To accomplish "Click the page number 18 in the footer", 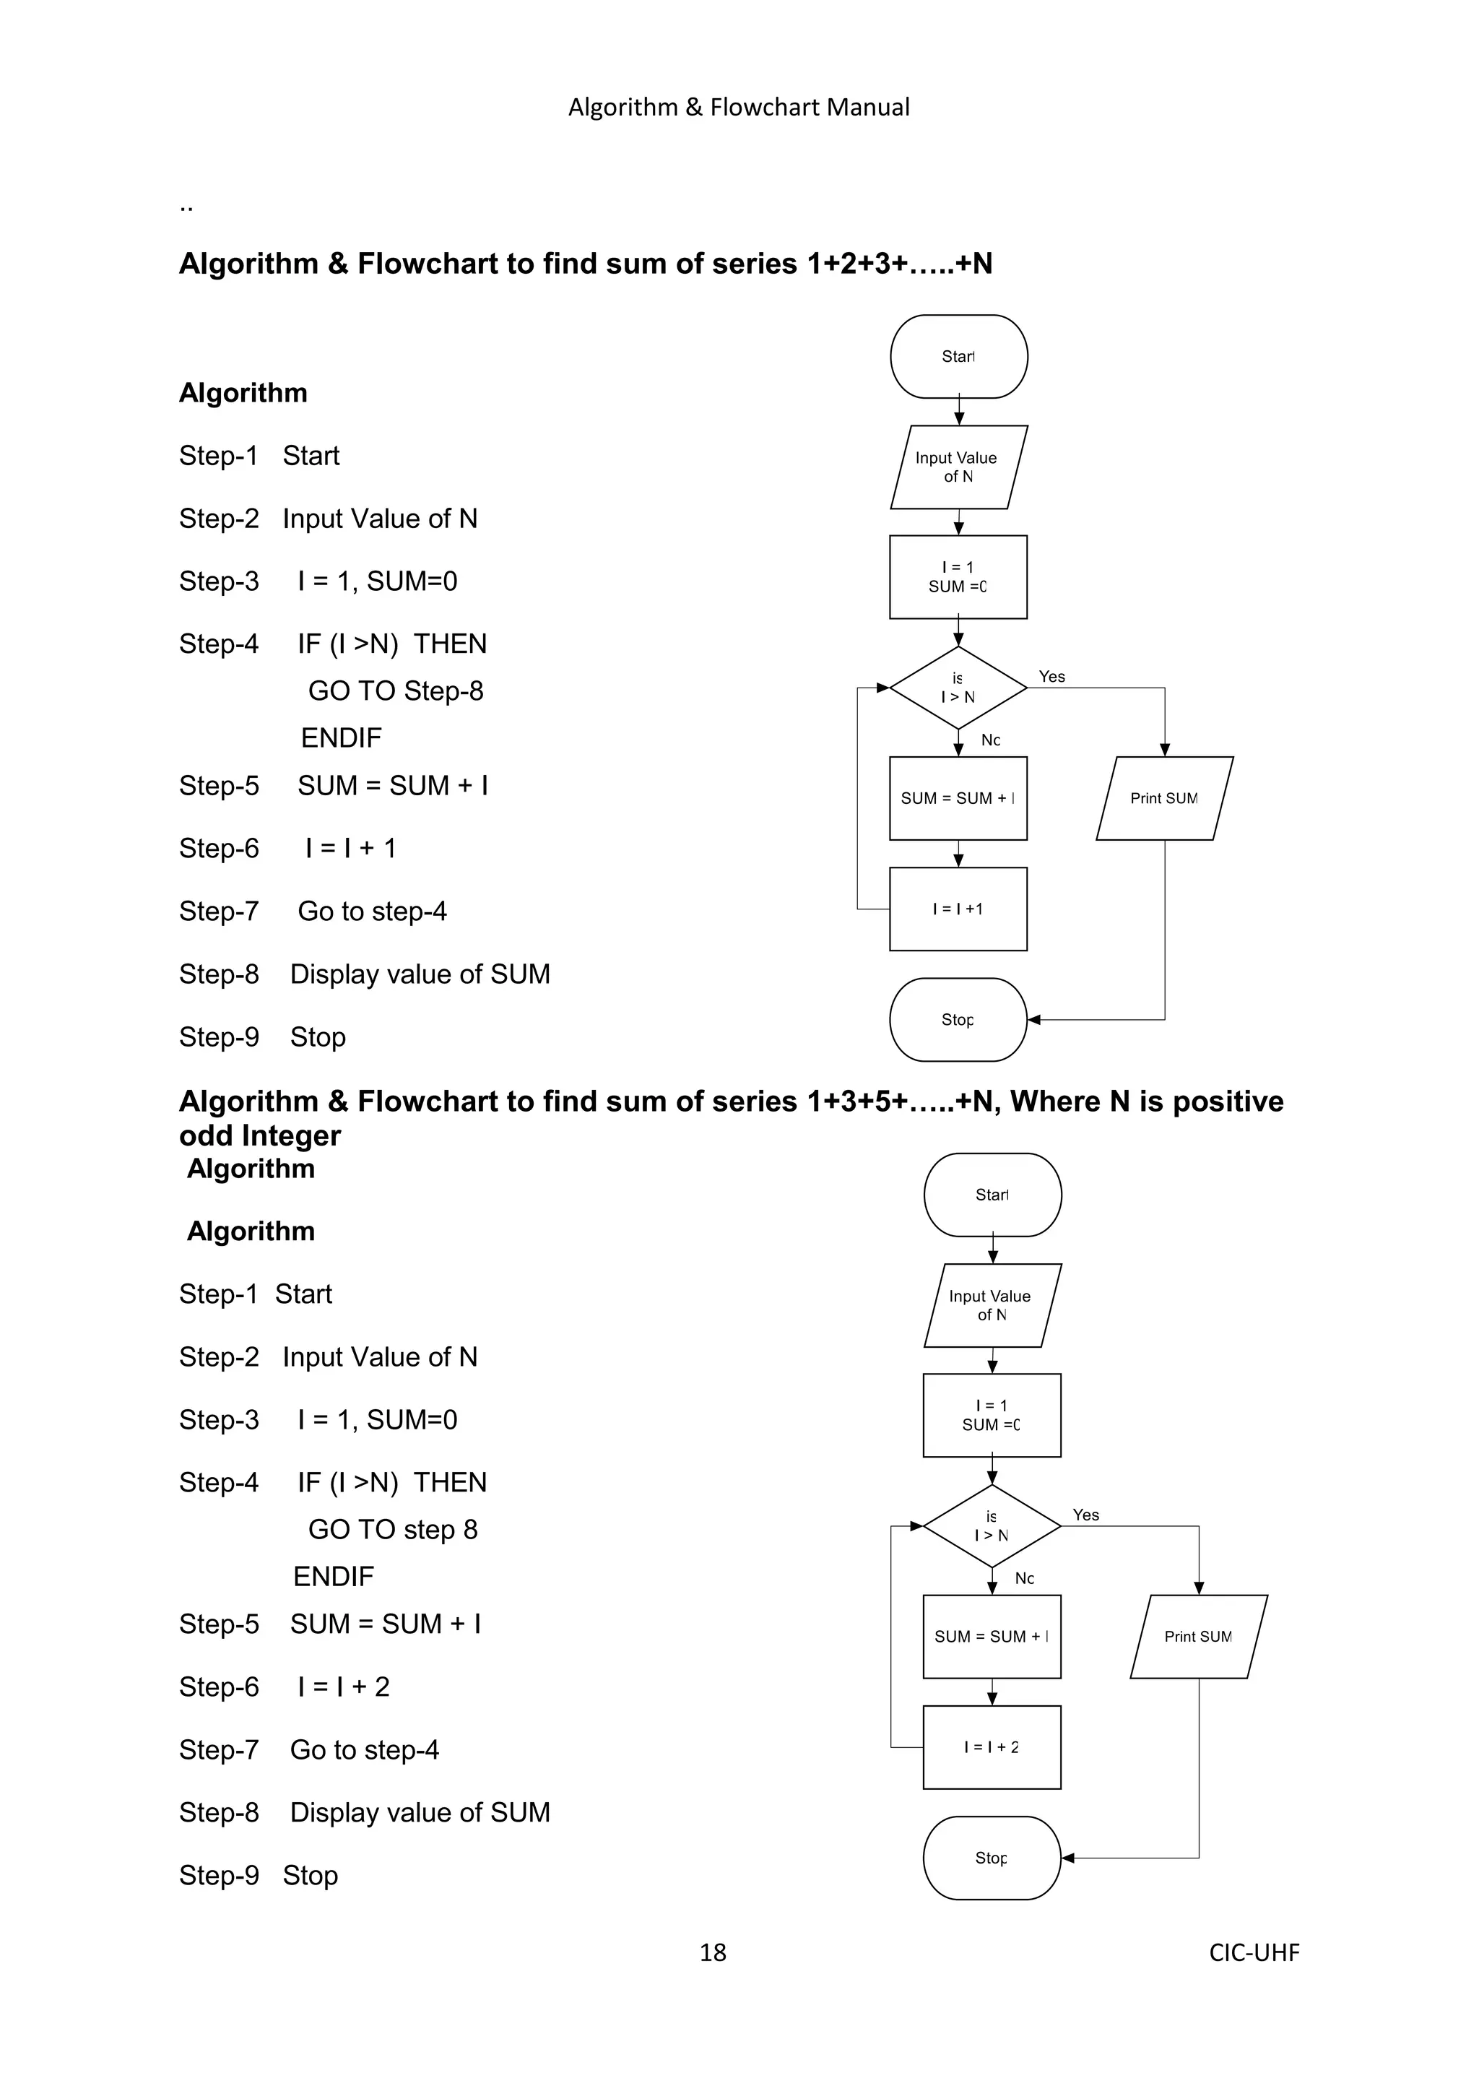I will pyautogui.click(x=712, y=1952).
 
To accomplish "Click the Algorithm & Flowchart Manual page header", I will pyautogui.click(x=739, y=108).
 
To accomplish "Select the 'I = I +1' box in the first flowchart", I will pyautogui.click(x=958, y=909).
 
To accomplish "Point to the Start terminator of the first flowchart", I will pyautogui.click(x=959, y=357).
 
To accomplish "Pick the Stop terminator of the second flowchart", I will pyautogui.click(x=992, y=1858).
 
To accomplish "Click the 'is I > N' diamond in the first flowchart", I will pyautogui.click(x=958, y=688).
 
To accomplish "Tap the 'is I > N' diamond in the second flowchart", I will pyautogui.click(x=992, y=1526).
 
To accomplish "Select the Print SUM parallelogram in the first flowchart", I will pyautogui.click(x=1164, y=799).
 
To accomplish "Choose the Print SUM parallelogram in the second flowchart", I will pyautogui.click(x=1199, y=1637).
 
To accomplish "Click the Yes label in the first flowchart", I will pyautogui.click(x=1052, y=677).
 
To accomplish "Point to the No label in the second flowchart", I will pyautogui.click(x=1025, y=1578).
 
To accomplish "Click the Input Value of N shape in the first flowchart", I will pyautogui.click(x=958, y=467).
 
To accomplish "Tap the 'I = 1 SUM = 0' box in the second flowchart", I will pyautogui.click(x=992, y=1415).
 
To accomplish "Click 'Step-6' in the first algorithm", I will pyautogui.click(x=220, y=849).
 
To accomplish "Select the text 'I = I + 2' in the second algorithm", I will pyautogui.click(x=343, y=1687).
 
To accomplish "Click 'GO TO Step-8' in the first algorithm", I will pyautogui.click(x=395, y=691).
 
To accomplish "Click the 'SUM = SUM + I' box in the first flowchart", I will pyautogui.click(x=958, y=799).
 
